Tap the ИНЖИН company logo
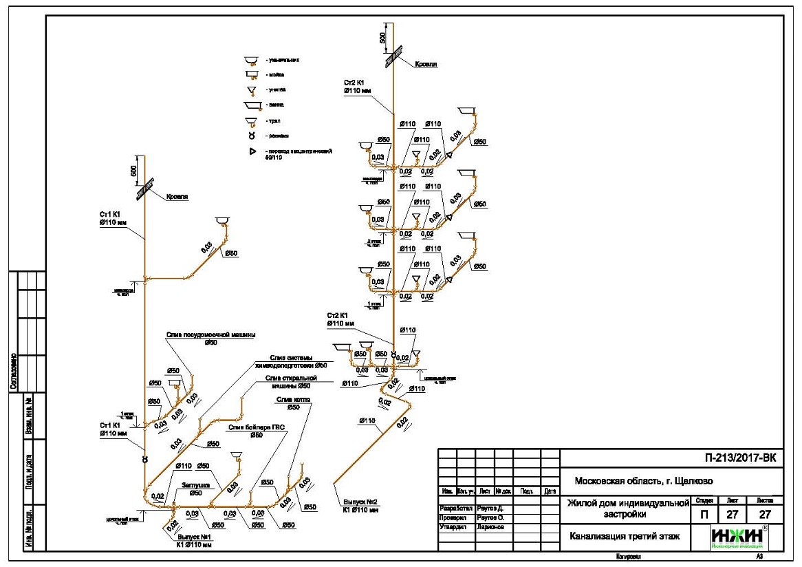(739, 537)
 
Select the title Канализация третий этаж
(625, 535)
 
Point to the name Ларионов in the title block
(489, 526)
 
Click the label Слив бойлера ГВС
(257, 427)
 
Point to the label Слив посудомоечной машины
(210, 335)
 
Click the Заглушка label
(195, 484)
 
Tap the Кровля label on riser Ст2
(426, 64)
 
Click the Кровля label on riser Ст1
(177, 196)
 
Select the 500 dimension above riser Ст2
(383, 36)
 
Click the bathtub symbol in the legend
(255, 105)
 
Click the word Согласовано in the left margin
(13, 372)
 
